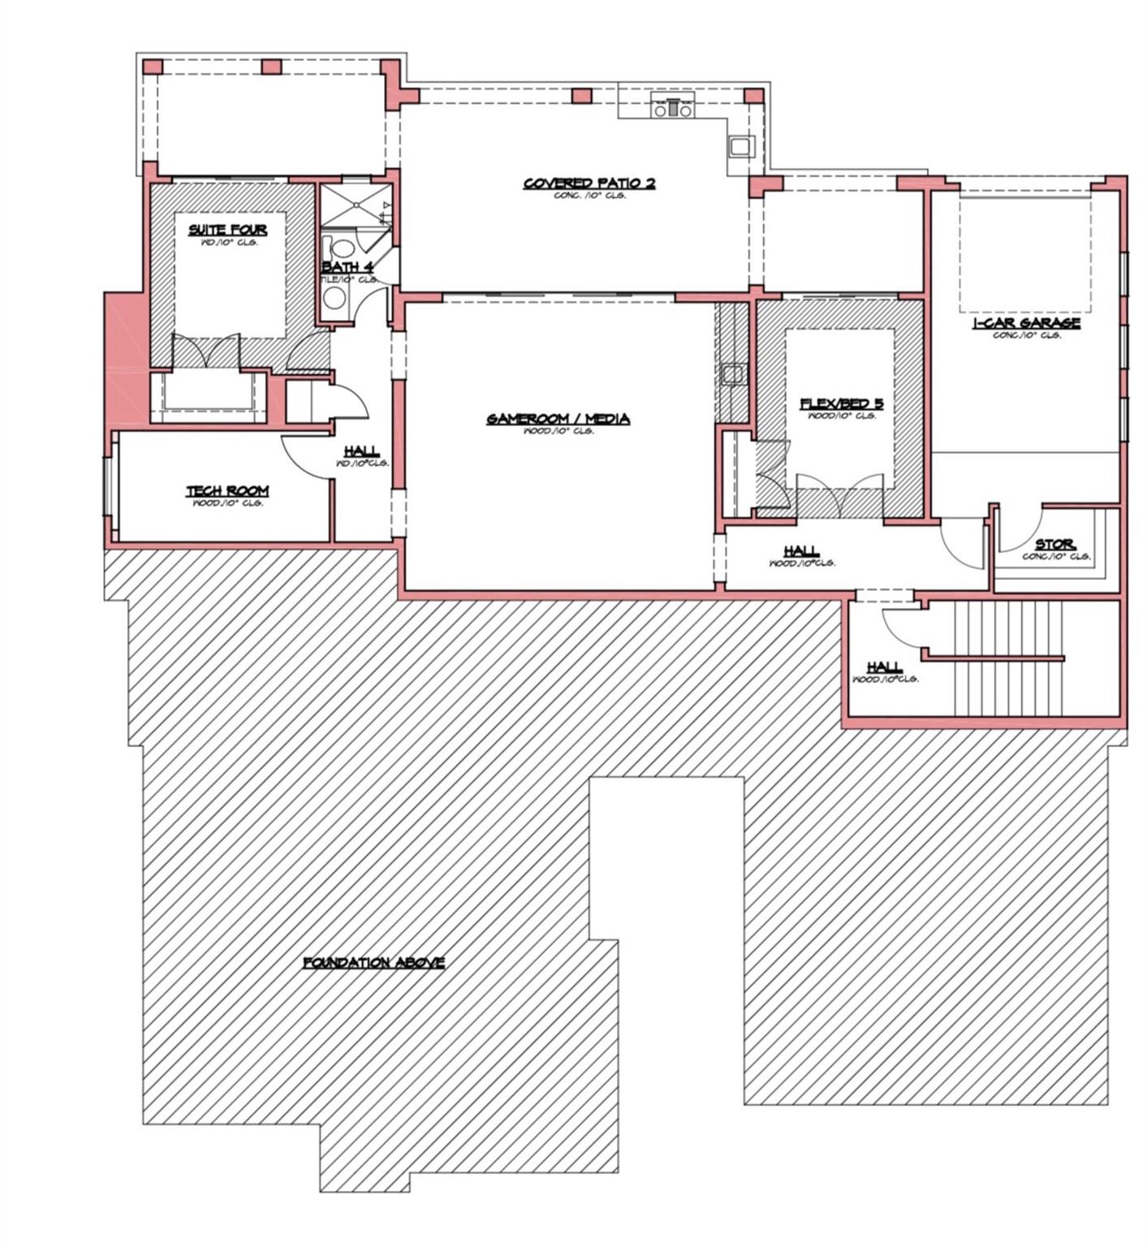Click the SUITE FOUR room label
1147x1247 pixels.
click(x=227, y=230)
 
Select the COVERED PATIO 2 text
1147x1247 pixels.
click(x=589, y=183)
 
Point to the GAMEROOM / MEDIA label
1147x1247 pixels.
click(x=558, y=419)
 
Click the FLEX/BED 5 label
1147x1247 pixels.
click(x=841, y=403)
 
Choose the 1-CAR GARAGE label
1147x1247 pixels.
click(x=1026, y=322)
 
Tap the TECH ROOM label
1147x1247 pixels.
click(x=227, y=491)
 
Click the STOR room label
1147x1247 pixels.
click(x=1054, y=544)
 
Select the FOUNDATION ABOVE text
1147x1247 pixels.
click(x=373, y=962)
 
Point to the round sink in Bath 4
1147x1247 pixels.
click(x=334, y=297)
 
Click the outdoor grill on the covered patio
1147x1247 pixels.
click(x=673, y=106)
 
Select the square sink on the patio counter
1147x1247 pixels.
click(x=740, y=147)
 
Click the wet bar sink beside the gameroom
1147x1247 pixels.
click(x=731, y=374)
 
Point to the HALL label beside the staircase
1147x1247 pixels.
click(x=884, y=667)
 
